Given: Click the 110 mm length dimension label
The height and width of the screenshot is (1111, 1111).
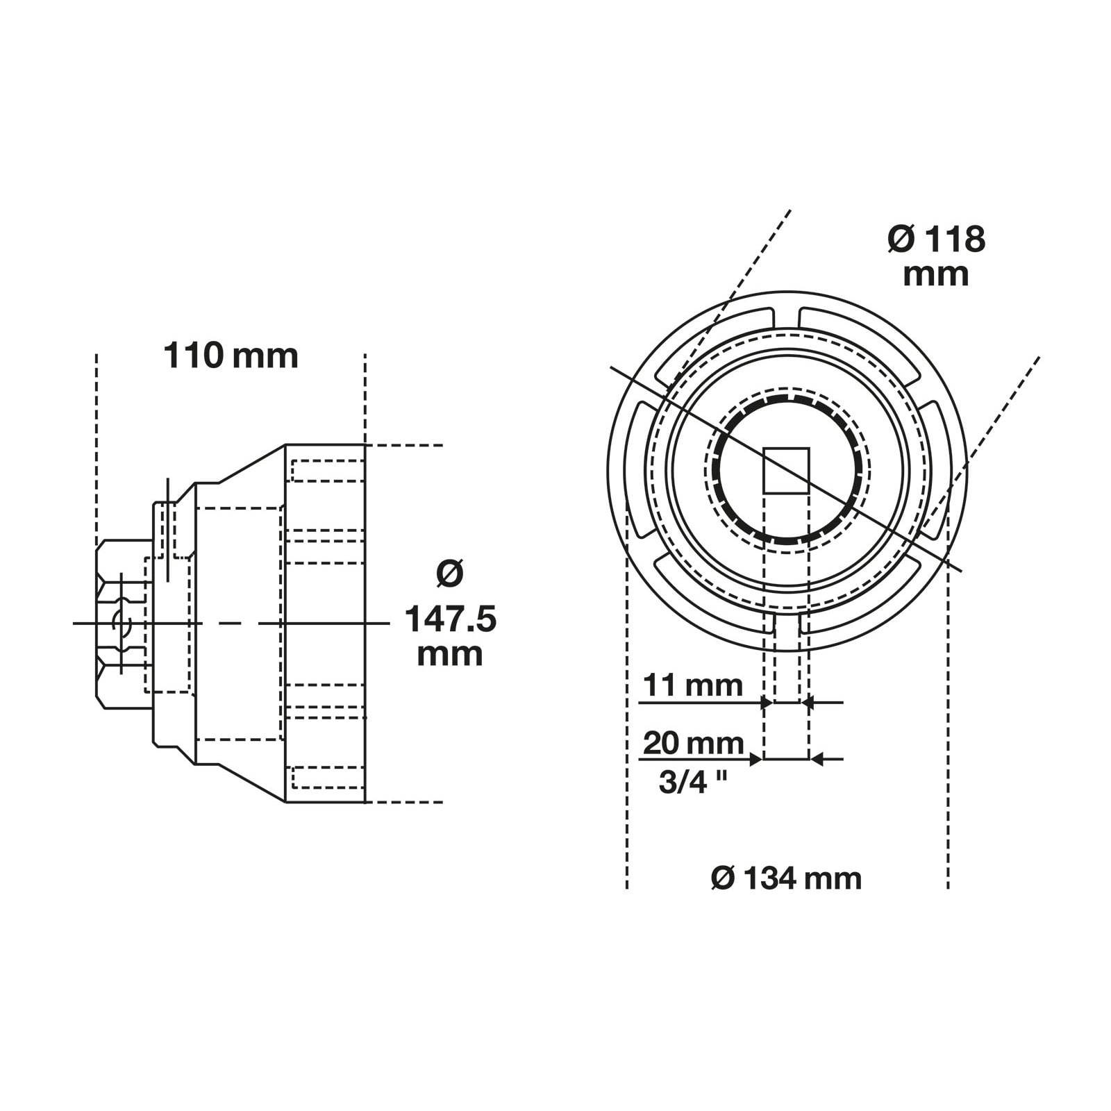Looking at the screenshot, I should (x=231, y=356).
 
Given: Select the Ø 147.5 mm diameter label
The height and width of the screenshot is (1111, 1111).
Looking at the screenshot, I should (x=450, y=618).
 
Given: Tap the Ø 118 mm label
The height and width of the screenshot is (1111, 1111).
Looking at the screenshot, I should (x=936, y=256).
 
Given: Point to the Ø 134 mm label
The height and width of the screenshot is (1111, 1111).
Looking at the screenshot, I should (x=786, y=878).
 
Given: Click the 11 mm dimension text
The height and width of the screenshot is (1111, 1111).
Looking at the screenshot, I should (x=692, y=686).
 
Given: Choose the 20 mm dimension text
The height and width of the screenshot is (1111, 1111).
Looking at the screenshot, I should (x=693, y=743).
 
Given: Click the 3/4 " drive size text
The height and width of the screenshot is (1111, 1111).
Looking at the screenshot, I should (x=692, y=783).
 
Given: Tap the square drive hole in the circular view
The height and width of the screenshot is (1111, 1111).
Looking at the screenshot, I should (x=786, y=471).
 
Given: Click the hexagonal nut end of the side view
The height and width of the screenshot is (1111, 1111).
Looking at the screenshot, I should (x=122, y=624).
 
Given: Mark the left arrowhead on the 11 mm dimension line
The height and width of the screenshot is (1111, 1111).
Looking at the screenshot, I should (x=767, y=703).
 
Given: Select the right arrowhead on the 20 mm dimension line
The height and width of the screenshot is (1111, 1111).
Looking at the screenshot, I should (x=817, y=760).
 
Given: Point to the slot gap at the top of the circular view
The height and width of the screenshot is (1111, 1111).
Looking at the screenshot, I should (x=786, y=316).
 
